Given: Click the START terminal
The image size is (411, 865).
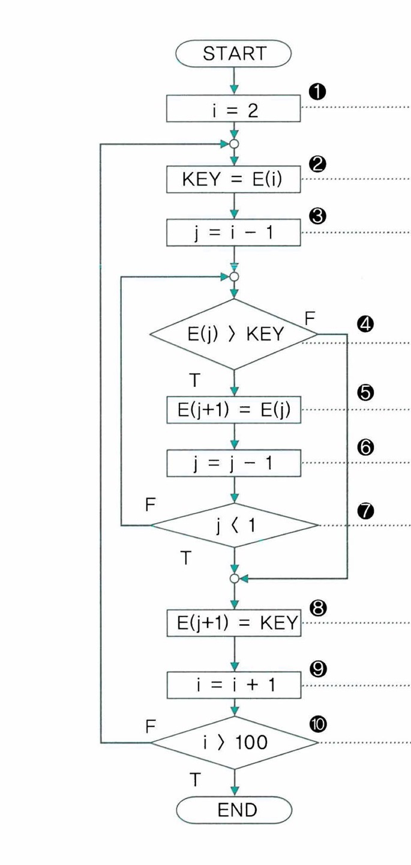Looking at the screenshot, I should coord(233,53).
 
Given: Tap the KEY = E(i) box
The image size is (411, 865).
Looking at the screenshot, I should coord(233,179).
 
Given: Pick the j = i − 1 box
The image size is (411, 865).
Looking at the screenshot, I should coord(233,231).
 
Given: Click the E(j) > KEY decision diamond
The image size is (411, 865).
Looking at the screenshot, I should coord(233,334).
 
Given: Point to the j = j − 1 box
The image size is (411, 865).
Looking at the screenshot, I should coord(233,463).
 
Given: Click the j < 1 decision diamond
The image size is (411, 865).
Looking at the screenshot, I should coord(233,526).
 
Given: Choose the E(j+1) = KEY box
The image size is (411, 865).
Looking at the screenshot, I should coord(233,625).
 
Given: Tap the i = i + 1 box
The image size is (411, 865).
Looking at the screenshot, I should coord(233,684).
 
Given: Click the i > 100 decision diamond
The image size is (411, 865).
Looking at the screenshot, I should coord(233,742).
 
